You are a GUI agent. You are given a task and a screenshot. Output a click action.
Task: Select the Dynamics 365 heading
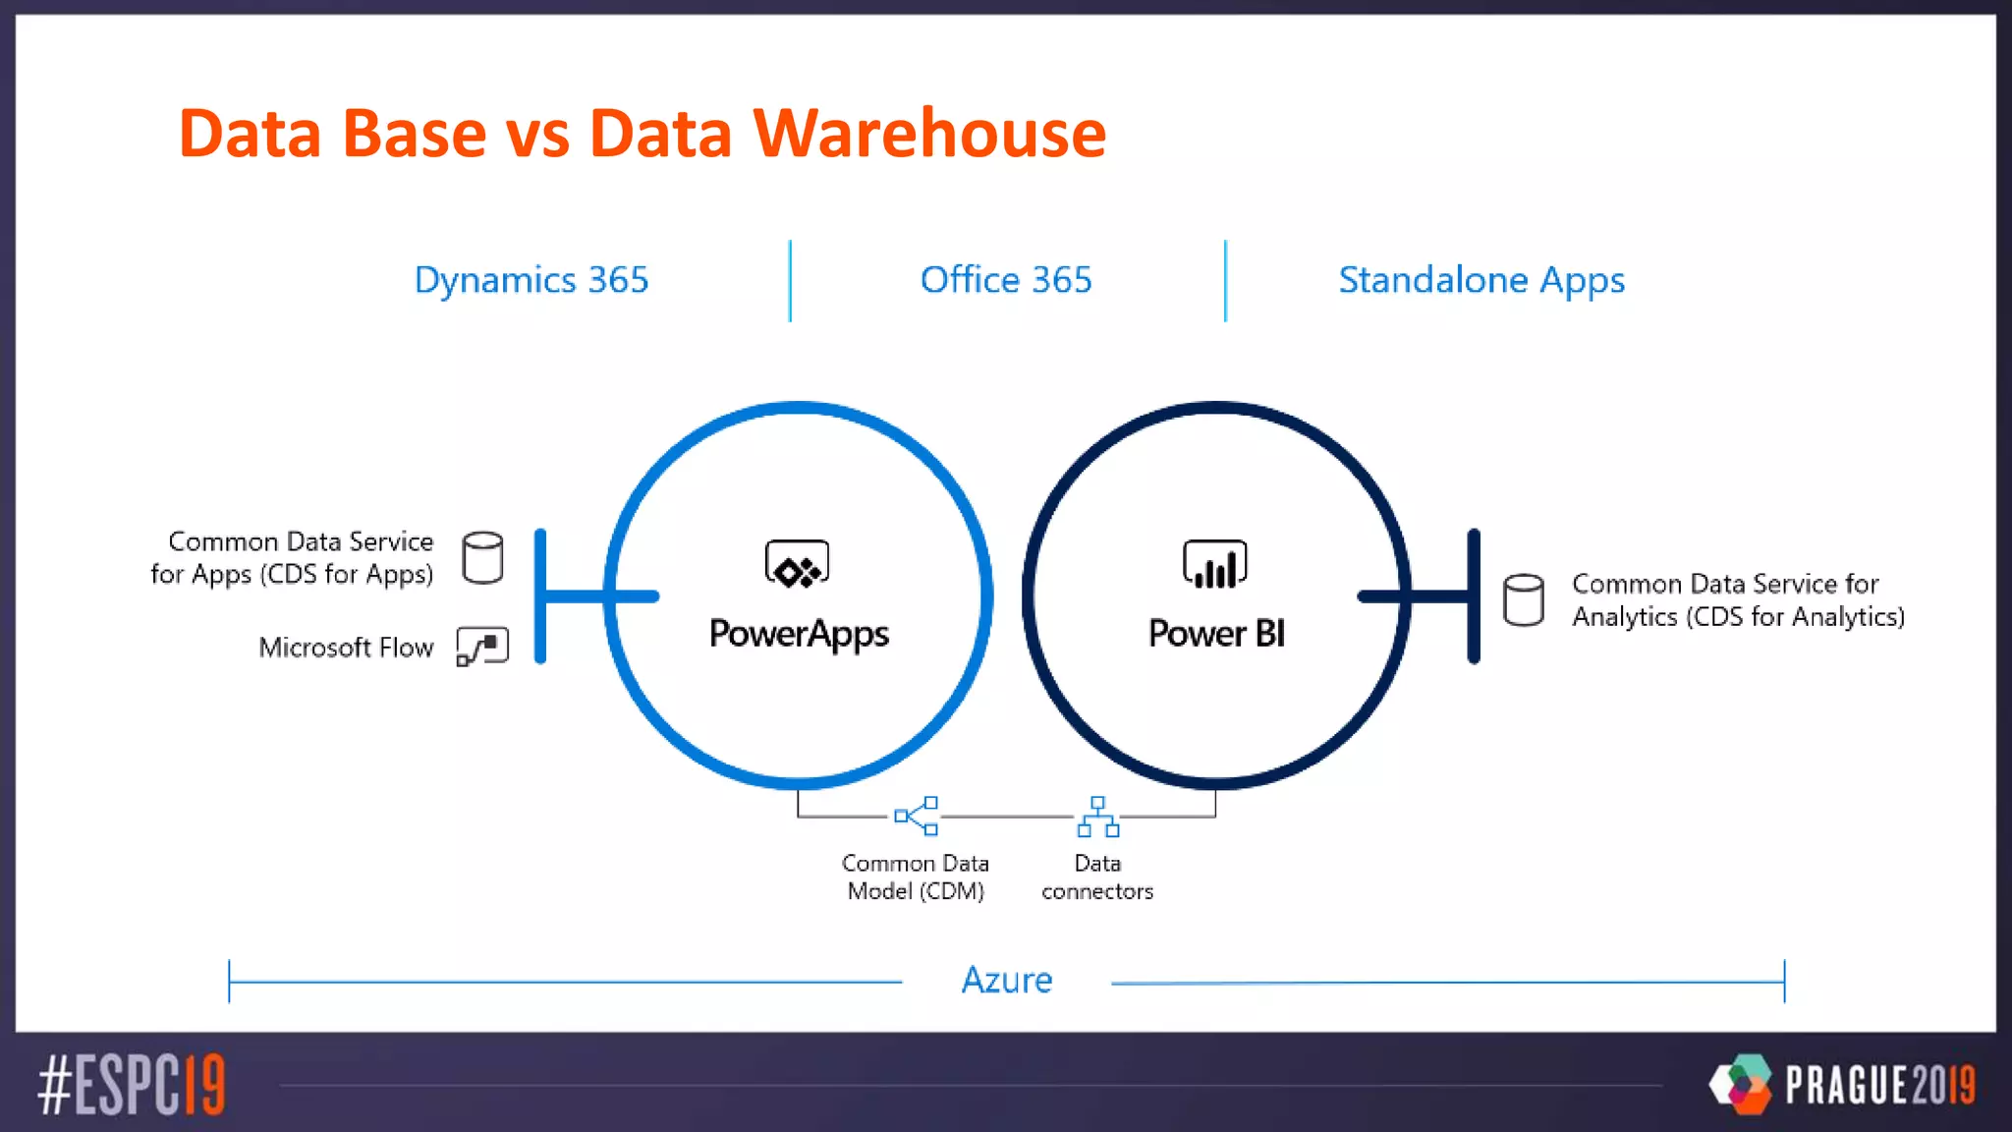coord(531,280)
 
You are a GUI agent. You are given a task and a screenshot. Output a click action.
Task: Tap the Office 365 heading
coord(1006,280)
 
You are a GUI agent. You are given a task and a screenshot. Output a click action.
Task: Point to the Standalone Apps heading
coord(1481,280)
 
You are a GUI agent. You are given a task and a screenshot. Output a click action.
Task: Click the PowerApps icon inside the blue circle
coord(797,565)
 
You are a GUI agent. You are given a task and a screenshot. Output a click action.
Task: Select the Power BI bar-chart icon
coord(1215,565)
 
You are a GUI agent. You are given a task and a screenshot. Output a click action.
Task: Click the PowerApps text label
coord(799,634)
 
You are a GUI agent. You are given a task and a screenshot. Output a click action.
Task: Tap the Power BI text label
coord(1216,634)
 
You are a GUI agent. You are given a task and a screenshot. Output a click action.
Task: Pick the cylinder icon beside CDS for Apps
coord(482,558)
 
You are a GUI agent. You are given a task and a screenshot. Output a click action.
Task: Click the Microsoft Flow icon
coord(482,647)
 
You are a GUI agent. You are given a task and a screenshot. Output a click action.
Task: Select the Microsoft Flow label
coord(346,648)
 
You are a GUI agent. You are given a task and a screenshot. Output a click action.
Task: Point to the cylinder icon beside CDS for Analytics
coord(1524,599)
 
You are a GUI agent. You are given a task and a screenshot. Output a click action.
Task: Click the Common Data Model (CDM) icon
coord(917,816)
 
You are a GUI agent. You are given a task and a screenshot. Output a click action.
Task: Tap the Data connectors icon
coord(1097,817)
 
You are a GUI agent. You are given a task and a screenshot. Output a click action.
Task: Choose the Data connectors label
coord(1097,877)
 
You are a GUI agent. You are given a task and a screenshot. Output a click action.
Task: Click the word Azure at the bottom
coord(1007,980)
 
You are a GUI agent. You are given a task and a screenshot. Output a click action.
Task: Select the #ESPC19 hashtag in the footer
coord(132,1085)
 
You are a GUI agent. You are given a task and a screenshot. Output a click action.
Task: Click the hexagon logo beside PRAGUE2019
coord(1741,1084)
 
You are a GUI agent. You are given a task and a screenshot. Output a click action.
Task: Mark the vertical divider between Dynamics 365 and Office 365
coord(790,281)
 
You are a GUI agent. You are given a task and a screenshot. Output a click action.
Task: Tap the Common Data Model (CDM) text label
coord(916,877)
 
